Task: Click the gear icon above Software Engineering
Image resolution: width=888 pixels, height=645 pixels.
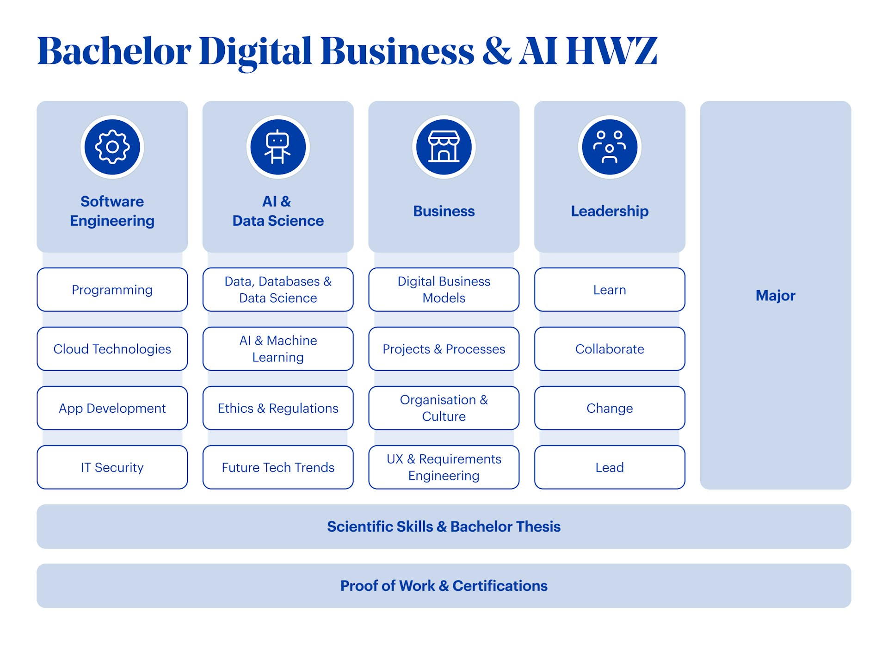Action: (x=112, y=147)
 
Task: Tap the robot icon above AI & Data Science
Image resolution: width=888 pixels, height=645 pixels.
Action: (x=278, y=147)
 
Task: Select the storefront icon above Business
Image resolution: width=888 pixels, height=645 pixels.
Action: (x=444, y=147)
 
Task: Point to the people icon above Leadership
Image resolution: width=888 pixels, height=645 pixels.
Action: (x=610, y=147)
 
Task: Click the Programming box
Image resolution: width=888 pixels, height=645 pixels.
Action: (x=112, y=290)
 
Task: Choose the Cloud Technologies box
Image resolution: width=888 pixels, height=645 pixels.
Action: (x=112, y=349)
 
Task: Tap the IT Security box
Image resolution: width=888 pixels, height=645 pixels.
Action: (x=112, y=467)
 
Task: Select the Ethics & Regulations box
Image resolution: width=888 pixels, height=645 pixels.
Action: (x=278, y=408)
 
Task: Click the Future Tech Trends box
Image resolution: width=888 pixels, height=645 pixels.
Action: (x=278, y=467)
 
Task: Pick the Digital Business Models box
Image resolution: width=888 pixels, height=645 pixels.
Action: (x=444, y=290)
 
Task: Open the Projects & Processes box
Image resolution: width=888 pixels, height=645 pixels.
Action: (x=444, y=349)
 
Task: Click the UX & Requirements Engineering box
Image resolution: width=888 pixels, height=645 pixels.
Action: (x=444, y=467)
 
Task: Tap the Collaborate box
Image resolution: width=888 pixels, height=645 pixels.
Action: (x=610, y=349)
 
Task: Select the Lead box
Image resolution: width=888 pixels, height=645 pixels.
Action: (x=610, y=467)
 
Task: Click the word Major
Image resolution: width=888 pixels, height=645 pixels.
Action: (x=775, y=296)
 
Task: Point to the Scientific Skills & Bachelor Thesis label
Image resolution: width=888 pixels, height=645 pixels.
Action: (x=444, y=527)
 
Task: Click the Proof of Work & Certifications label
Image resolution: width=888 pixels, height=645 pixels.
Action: (x=444, y=586)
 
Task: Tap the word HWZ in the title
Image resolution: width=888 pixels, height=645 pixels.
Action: (x=611, y=51)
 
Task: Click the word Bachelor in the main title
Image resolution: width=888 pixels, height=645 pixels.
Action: (x=114, y=51)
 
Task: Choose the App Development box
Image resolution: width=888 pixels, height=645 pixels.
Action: (x=112, y=408)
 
